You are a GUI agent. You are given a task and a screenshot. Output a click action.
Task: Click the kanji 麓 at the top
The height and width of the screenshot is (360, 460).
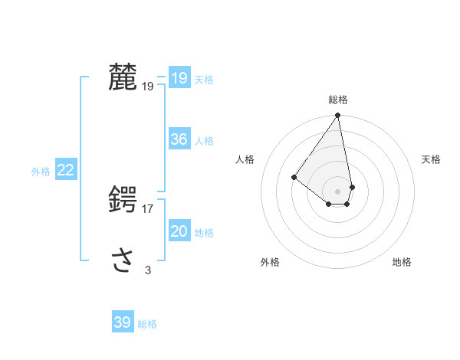[x=123, y=77]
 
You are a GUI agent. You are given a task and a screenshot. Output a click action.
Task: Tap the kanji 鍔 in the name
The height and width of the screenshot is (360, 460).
[x=123, y=200]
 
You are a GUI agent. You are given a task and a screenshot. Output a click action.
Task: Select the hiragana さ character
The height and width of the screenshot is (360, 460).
[x=123, y=260]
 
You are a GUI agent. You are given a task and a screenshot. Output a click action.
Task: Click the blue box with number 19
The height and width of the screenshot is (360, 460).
[x=179, y=78]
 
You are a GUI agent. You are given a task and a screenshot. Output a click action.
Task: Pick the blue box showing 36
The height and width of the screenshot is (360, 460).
[x=179, y=139]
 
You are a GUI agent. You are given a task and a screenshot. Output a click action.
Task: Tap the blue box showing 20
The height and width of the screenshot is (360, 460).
[x=179, y=231]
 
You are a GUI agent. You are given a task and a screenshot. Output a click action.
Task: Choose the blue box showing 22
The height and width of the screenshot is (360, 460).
[x=65, y=170]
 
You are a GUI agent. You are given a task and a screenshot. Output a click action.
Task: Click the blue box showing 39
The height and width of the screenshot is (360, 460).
[x=122, y=322]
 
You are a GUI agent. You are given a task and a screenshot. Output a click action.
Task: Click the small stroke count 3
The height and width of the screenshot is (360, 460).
[x=148, y=270]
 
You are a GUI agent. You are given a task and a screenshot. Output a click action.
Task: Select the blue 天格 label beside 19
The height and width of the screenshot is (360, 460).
[x=204, y=79]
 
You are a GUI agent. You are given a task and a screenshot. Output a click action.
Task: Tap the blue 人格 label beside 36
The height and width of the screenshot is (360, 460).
[x=204, y=140]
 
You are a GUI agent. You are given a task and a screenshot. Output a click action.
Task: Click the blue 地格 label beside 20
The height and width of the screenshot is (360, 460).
[x=204, y=232]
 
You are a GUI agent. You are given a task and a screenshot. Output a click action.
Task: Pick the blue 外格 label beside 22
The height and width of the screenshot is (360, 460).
[x=41, y=172]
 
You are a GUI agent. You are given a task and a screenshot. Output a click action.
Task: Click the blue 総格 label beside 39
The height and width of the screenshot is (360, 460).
[x=147, y=324]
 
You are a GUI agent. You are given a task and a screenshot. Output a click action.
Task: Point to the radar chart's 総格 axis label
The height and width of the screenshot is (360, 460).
[x=338, y=100]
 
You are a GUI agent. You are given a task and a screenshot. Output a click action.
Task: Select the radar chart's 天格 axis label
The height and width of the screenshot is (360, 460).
[x=431, y=159]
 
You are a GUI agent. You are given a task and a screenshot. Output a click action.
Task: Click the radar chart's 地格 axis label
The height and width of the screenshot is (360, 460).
[x=402, y=262]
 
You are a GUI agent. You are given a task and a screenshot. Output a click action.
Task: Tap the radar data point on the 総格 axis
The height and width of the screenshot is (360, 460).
[x=338, y=116]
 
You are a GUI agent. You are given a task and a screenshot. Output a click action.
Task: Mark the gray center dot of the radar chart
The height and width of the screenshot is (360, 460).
[x=338, y=191]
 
